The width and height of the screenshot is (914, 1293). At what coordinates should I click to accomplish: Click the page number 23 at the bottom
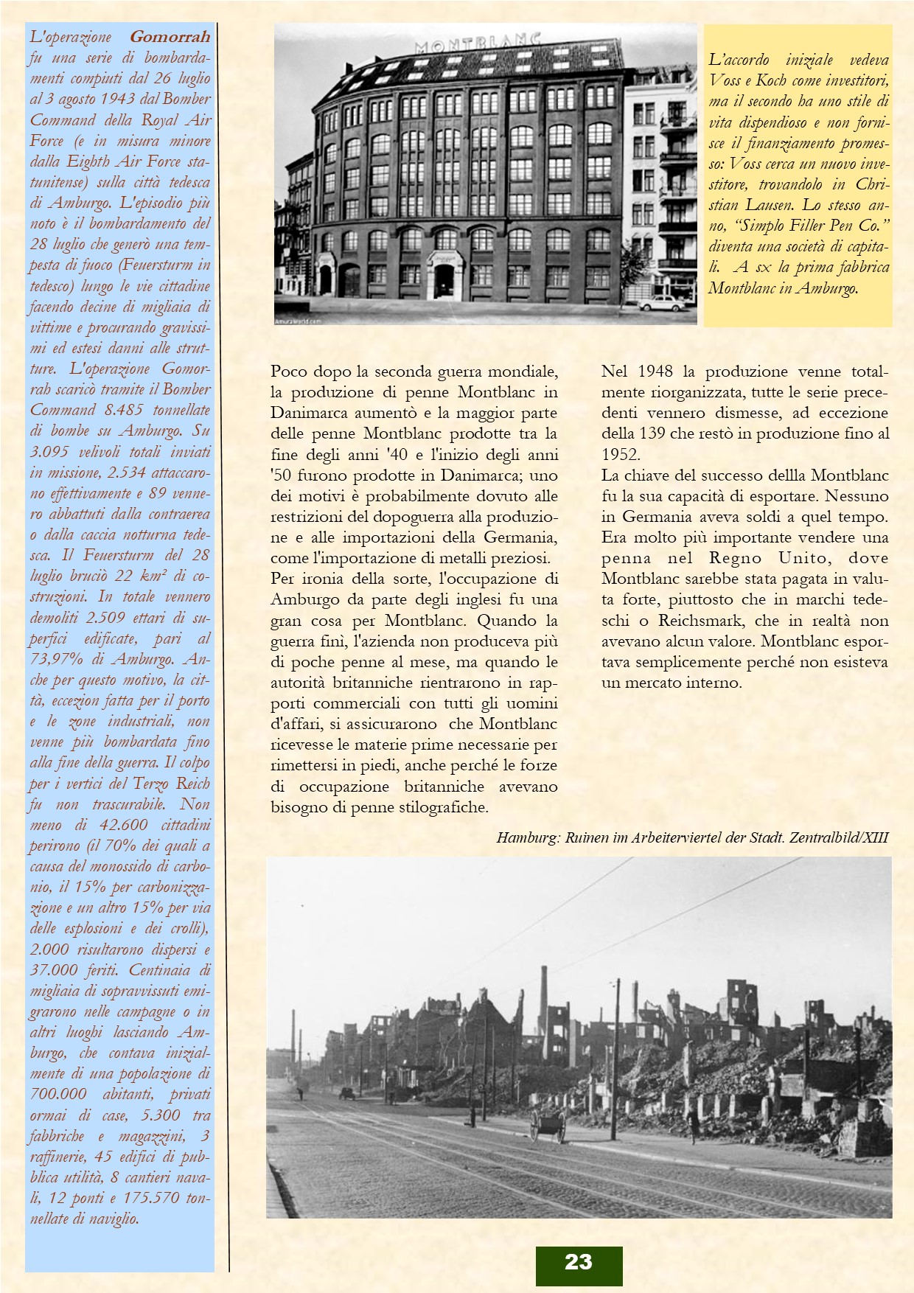(x=578, y=1262)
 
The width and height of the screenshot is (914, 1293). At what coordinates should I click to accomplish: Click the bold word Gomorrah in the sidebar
(x=170, y=36)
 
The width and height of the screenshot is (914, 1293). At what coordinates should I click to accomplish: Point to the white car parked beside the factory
(x=661, y=303)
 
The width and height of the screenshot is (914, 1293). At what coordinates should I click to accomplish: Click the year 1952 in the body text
(x=621, y=454)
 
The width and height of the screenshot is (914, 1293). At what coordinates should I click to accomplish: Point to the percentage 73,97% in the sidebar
(x=55, y=659)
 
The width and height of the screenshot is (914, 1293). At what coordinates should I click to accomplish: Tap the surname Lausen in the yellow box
(x=738, y=205)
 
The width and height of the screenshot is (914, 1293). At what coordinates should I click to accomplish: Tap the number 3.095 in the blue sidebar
(x=52, y=451)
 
